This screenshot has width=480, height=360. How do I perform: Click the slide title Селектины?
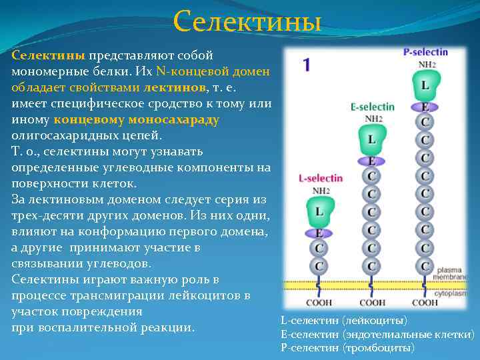coord(247,22)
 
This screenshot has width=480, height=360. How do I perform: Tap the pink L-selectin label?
coord(320,178)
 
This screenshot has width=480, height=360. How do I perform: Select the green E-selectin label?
coord(372,107)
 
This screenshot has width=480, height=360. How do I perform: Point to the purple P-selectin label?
coord(425,52)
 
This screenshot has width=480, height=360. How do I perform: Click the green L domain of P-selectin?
coord(425,85)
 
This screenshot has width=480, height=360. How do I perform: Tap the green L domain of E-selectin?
coord(372,140)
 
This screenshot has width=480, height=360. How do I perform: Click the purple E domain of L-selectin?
coord(319,233)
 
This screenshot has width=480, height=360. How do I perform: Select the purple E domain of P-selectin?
coord(425,106)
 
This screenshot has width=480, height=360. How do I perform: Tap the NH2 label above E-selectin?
coord(372,119)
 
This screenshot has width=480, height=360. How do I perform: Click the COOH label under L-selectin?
coord(319,303)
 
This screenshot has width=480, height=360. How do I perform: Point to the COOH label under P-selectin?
coord(425,303)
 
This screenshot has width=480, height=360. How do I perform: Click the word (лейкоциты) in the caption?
coord(374,321)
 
